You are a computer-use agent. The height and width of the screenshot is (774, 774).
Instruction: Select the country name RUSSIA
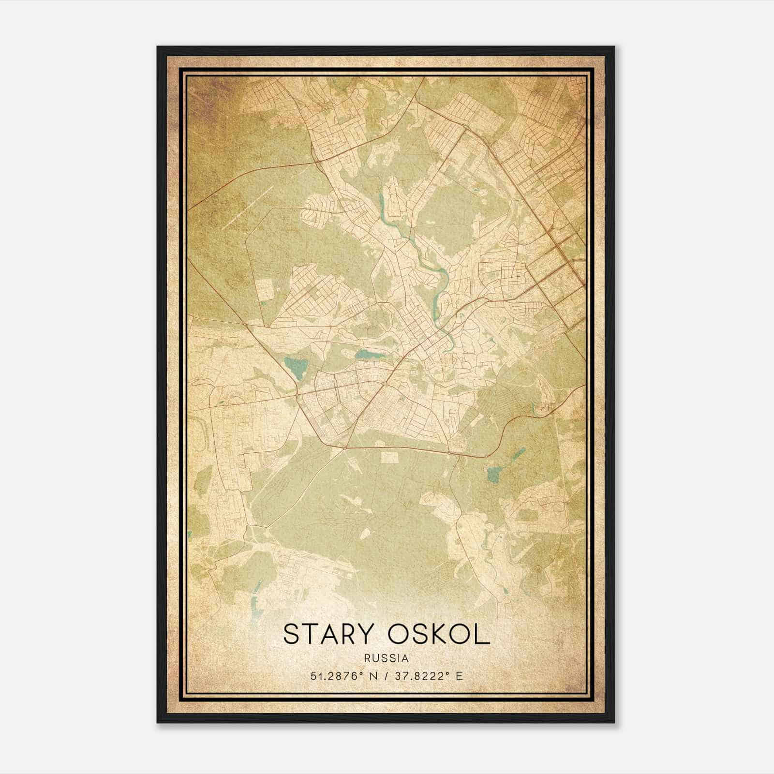tap(387, 658)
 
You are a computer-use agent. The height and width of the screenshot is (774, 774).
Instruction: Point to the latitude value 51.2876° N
tap(342, 676)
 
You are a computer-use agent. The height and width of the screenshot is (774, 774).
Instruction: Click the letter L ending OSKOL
tap(482, 634)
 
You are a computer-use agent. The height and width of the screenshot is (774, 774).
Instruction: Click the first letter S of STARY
tap(290, 634)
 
